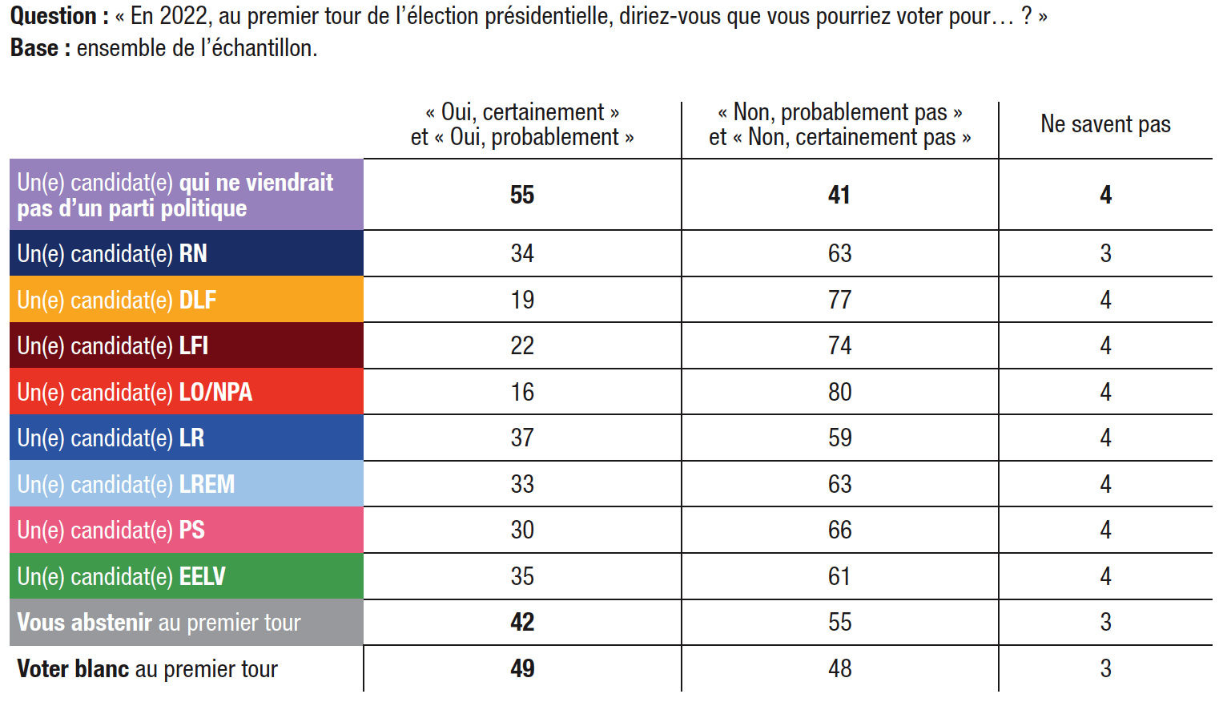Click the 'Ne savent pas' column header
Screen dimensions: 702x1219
(1105, 124)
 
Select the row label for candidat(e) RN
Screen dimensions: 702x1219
(112, 254)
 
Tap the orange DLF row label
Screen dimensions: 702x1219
(117, 300)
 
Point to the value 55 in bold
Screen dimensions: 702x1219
(522, 195)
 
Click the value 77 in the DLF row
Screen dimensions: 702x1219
(839, 300)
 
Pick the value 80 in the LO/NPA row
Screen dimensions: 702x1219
(839, 392)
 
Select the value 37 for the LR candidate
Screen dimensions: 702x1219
(522, 438)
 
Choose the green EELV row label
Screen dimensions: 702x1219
(122, 576)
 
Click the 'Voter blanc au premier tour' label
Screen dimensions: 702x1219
(147, 668)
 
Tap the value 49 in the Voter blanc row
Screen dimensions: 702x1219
(522, 668)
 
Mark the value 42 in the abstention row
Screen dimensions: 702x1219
(522, 622)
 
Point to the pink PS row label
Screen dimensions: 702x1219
(111, 530)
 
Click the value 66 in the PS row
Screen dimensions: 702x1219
(839, 530)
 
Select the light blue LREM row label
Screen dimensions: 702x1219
(127, 484)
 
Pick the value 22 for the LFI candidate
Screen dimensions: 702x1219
(522, 345)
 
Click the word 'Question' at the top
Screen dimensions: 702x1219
(53, 16)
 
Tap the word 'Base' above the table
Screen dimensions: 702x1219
(34, 48)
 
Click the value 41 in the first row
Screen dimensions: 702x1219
(839, 195)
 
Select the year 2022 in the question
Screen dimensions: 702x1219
(185, 16)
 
